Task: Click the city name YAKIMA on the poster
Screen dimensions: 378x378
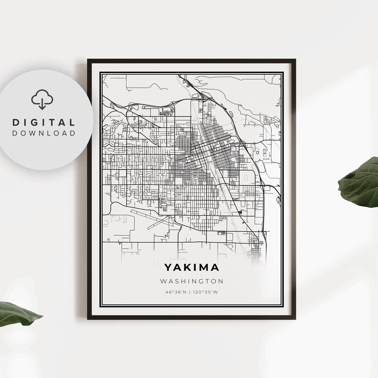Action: pos(191,268)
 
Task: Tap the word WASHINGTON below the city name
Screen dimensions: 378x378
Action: pos(191,281)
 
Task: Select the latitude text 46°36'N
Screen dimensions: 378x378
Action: pos(176,292)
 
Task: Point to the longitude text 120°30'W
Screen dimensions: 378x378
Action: pos(205,292)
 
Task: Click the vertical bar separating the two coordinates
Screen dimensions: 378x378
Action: pos(190,292)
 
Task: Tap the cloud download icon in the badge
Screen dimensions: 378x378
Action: pos(42,99)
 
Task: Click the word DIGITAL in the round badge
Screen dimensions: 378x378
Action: pos(44,122)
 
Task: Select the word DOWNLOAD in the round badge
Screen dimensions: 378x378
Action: pos(44,133)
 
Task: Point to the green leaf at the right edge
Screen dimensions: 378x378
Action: pos(360,182)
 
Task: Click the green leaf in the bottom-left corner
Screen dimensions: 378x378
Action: pos(17,313)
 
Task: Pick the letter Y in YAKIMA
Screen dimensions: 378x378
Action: pos(168,268)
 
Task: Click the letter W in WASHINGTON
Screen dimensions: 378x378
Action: pos(163,281)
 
